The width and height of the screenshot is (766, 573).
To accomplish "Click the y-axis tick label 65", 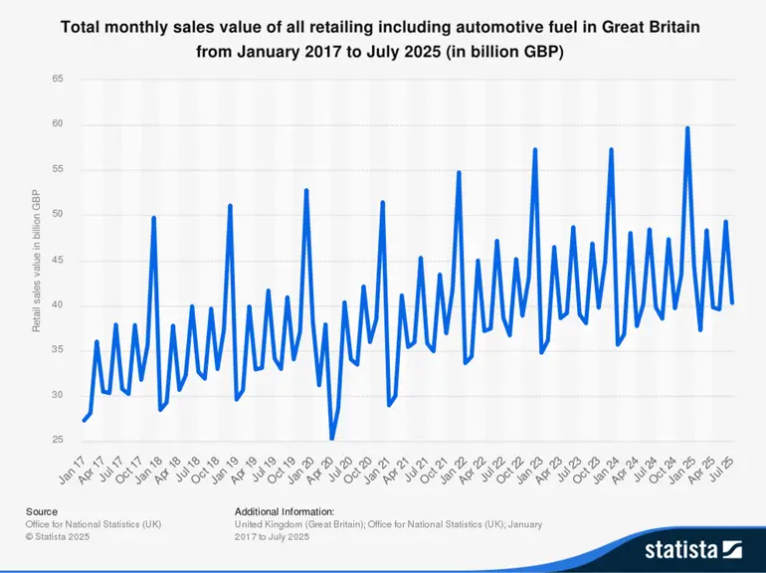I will click(x=58, y=79).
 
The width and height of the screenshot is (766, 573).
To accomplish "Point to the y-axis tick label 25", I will click(x=58, y=441).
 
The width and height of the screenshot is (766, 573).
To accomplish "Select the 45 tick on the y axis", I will click(x=58, y=260).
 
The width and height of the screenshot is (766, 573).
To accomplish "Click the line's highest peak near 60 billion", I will click(x=687, y=128).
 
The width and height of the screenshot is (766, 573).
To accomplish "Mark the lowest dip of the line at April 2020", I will click(x=331, y=438).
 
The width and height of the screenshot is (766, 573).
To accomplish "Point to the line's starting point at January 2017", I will click(x=84, y=420).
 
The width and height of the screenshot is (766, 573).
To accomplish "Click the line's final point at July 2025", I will click(x=732, y=302).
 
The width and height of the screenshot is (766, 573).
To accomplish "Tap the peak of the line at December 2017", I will click(x=153, y=218).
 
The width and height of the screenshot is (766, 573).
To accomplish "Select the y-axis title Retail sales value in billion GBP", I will click(x=37, y=260).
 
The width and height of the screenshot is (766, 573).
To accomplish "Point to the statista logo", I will click(x=692, y=547).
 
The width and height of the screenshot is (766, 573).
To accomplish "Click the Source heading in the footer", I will click(x=43, y=511).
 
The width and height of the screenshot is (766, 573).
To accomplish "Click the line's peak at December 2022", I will click(x=535, y=150).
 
